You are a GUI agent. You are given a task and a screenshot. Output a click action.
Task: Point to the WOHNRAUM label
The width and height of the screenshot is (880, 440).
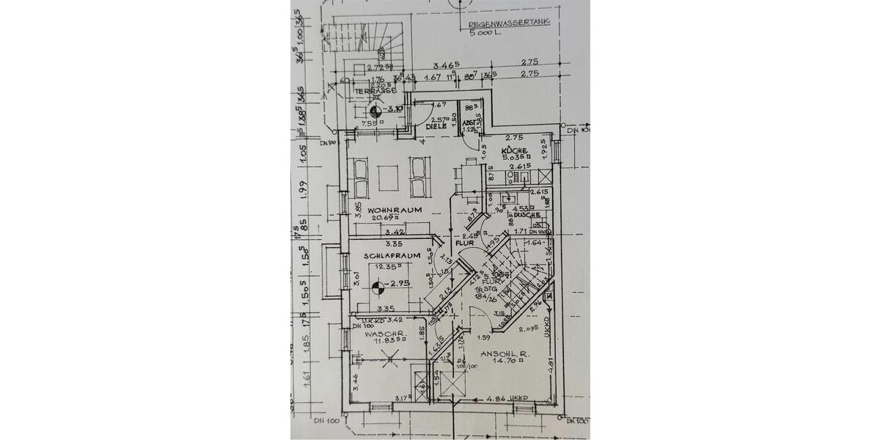(x=395, y=210)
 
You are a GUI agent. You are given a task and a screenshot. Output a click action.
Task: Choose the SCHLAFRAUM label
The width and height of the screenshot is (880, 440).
(x=392, y=255)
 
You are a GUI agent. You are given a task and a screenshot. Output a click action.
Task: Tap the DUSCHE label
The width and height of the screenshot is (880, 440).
(x=527, y=215)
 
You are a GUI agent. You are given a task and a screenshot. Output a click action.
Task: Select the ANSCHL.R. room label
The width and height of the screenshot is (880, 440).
(x=505, y=354)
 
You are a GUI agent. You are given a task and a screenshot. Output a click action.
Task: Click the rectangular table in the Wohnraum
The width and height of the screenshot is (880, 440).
(x=388, y=177)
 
